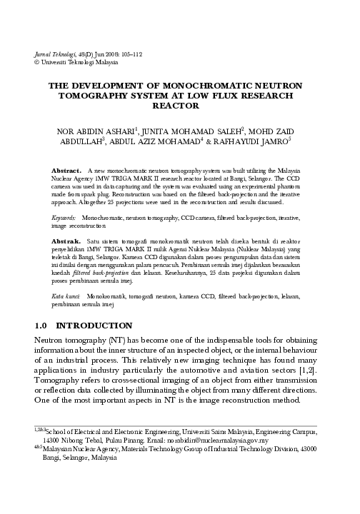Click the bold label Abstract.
pyautogui.click(x=68, y=172)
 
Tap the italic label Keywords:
pyautogui.click(x=65, y=215)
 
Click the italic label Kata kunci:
pyautogui.click(x=66, y=293)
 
